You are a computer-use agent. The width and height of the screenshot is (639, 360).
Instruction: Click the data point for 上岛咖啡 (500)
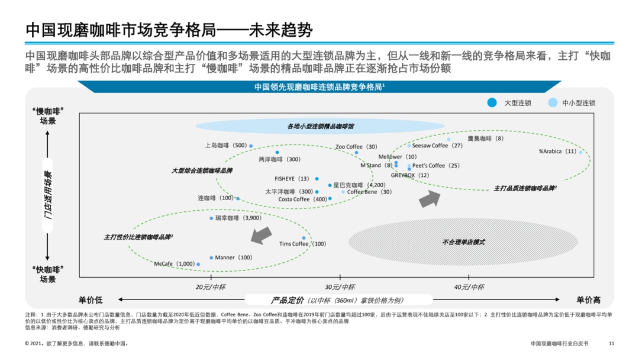pyautogui.click(x=251, y=145)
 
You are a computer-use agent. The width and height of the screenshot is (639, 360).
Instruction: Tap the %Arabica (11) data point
pyautogui.click(x=580, y=152)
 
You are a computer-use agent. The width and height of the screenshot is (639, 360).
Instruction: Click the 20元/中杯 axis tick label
pyautogui.click(x=211, y=287)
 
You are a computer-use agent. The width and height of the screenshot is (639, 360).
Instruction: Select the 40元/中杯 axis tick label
pyautogui.click(x=469, y=287)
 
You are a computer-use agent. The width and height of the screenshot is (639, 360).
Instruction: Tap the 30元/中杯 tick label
pyautogui.click(x=340, y=287)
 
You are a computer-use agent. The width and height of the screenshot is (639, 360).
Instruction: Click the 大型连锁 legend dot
pyautogui.click(x=491, y=102)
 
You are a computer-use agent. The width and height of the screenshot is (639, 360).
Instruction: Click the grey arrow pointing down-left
pyautogui.click(x=258, y=236)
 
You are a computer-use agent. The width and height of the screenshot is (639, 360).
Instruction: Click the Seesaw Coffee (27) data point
pyautogui.click(x=409, y=145)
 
